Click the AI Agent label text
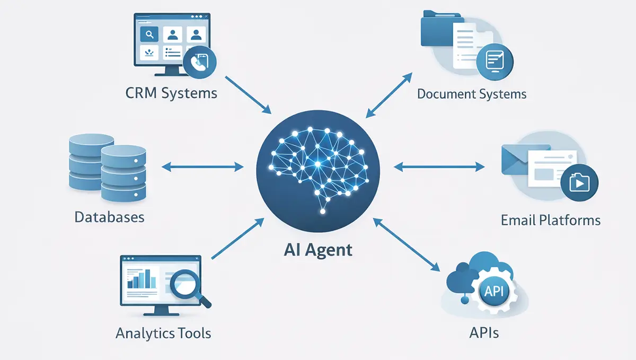coord(317,249)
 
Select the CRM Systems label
coord(171,93)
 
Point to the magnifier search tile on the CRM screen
coord(149,35)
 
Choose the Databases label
coord(109,217)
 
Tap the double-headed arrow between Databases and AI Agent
coord(201,167)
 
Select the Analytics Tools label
coord(163,333)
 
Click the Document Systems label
coord(472,94)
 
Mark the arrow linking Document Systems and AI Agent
coord(389,93)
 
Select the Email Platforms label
coord(551,220)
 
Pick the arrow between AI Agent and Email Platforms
coord(439,167)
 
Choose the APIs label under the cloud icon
coord(483,333)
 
